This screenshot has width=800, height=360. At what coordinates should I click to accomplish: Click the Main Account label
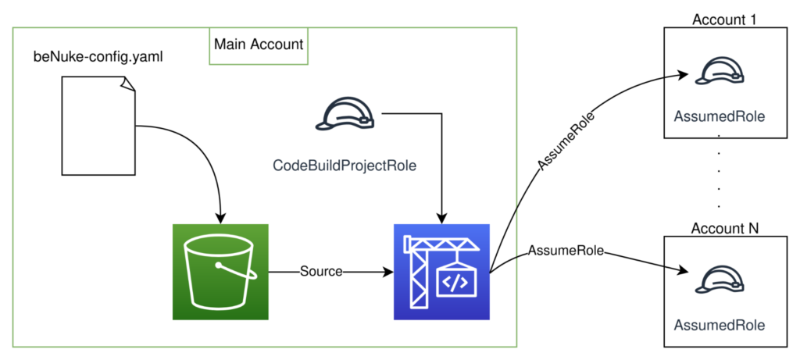[258, 45]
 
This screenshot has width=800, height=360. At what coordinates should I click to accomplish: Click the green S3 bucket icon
[220, 272]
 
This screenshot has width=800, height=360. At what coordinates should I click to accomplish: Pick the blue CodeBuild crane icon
[441, 272]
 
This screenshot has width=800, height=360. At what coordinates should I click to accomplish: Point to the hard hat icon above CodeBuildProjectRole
[344, 116]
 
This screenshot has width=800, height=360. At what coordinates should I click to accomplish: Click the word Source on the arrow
[321, 272]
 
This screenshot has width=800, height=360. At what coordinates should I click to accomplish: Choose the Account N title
[725, 228]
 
